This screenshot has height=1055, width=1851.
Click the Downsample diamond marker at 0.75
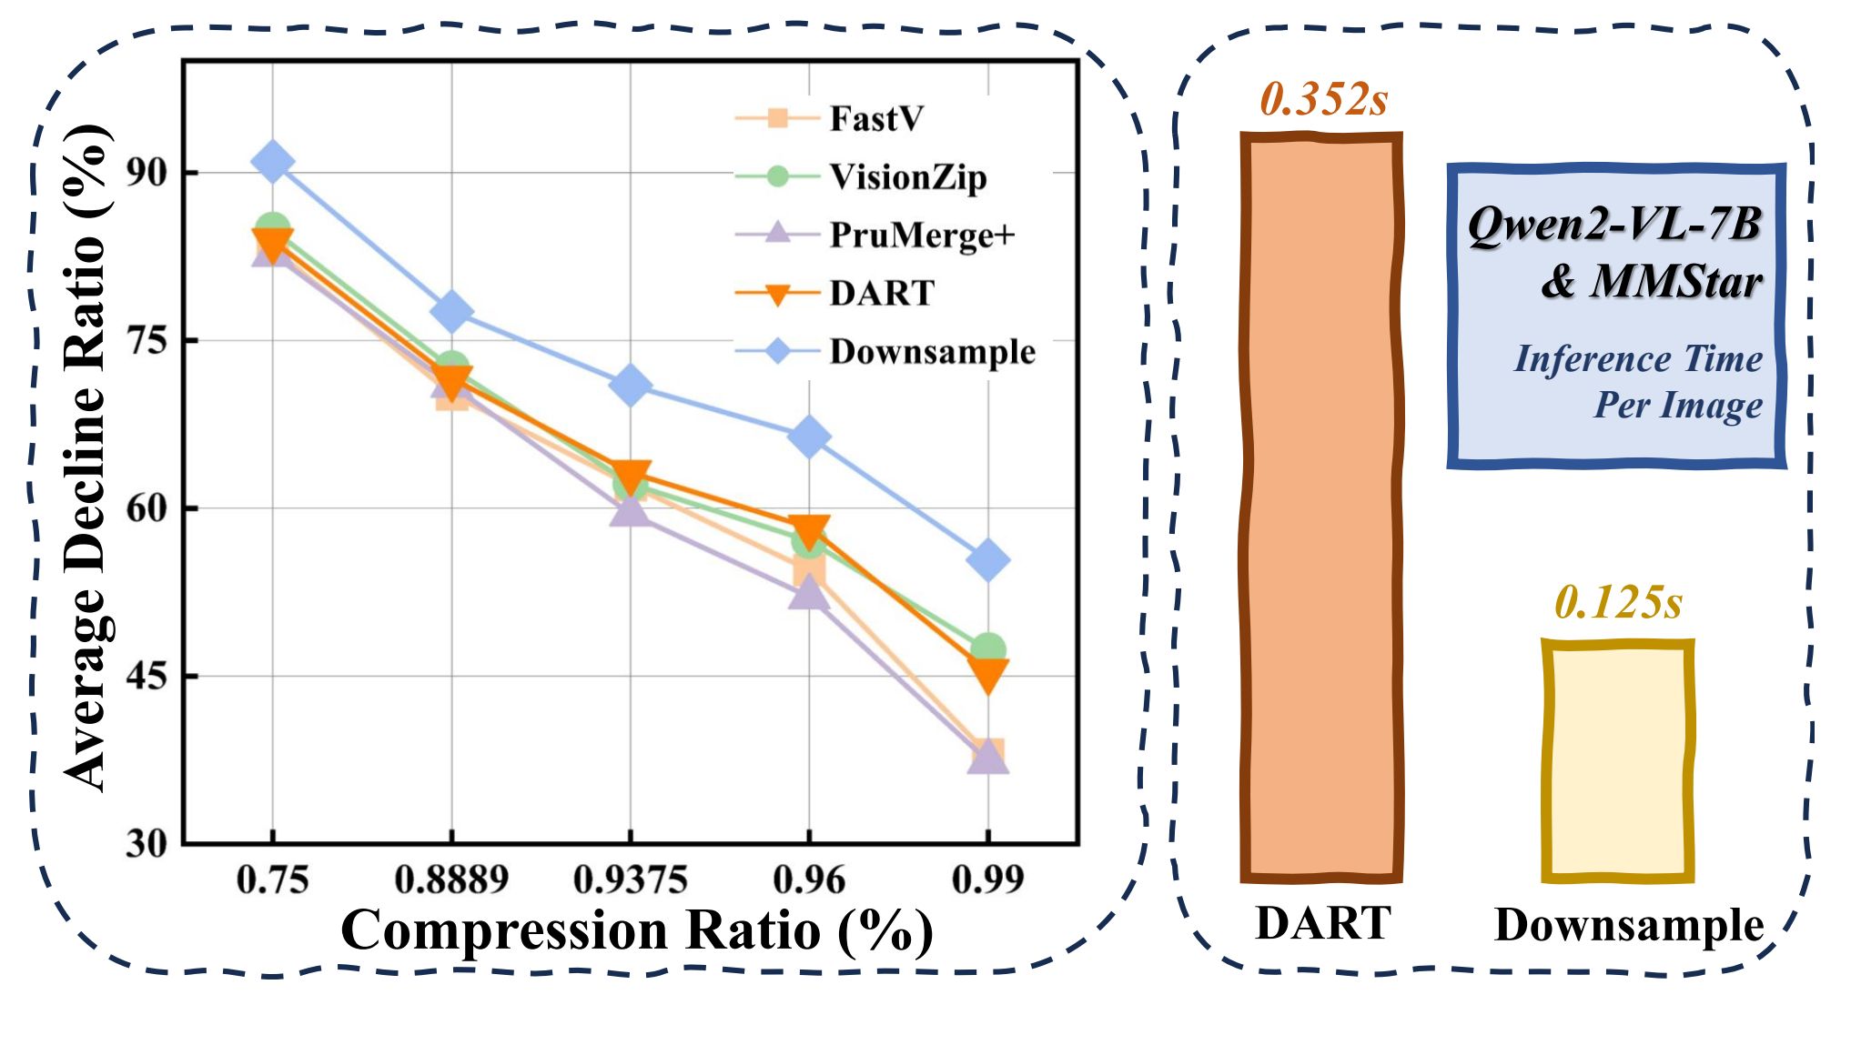tap(273, 162)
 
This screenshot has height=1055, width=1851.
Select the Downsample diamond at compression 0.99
tap(988, 559)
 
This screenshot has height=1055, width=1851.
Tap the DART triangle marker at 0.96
tap(809, 530)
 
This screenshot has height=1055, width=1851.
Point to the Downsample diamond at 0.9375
tap(631, 386)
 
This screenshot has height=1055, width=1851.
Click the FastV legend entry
tap(875, 118)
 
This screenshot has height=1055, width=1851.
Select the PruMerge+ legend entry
tap(921, 235)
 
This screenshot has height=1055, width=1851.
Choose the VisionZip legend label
tap(907, 176)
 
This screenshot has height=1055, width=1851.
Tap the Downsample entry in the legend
tap(932, 351)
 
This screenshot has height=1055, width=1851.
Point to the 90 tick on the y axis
tap(148, 172)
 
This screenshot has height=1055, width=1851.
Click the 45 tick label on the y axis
tap(148, 676)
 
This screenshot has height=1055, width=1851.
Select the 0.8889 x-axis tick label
tap(451, 879)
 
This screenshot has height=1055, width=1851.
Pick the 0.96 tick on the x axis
tap(809, 879)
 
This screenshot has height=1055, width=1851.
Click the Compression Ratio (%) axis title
tap(637, 930)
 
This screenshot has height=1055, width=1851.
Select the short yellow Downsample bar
tap(1617, 760)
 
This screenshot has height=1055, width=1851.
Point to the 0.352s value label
tap(1323, 99)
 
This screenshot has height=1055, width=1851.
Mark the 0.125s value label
tap(1618, 602)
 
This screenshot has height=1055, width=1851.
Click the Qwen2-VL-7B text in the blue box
tap(1615, 224)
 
